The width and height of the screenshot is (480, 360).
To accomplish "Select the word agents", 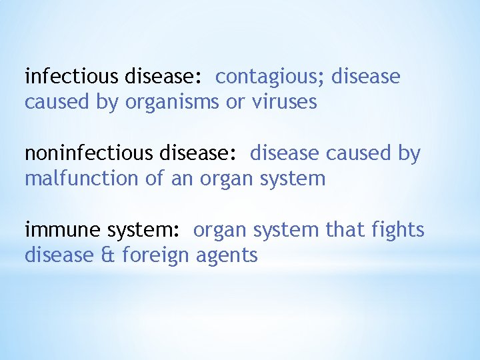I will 227,256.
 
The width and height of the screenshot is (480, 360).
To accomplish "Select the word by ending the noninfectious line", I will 409,154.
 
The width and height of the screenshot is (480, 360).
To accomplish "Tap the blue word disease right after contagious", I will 365,77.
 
